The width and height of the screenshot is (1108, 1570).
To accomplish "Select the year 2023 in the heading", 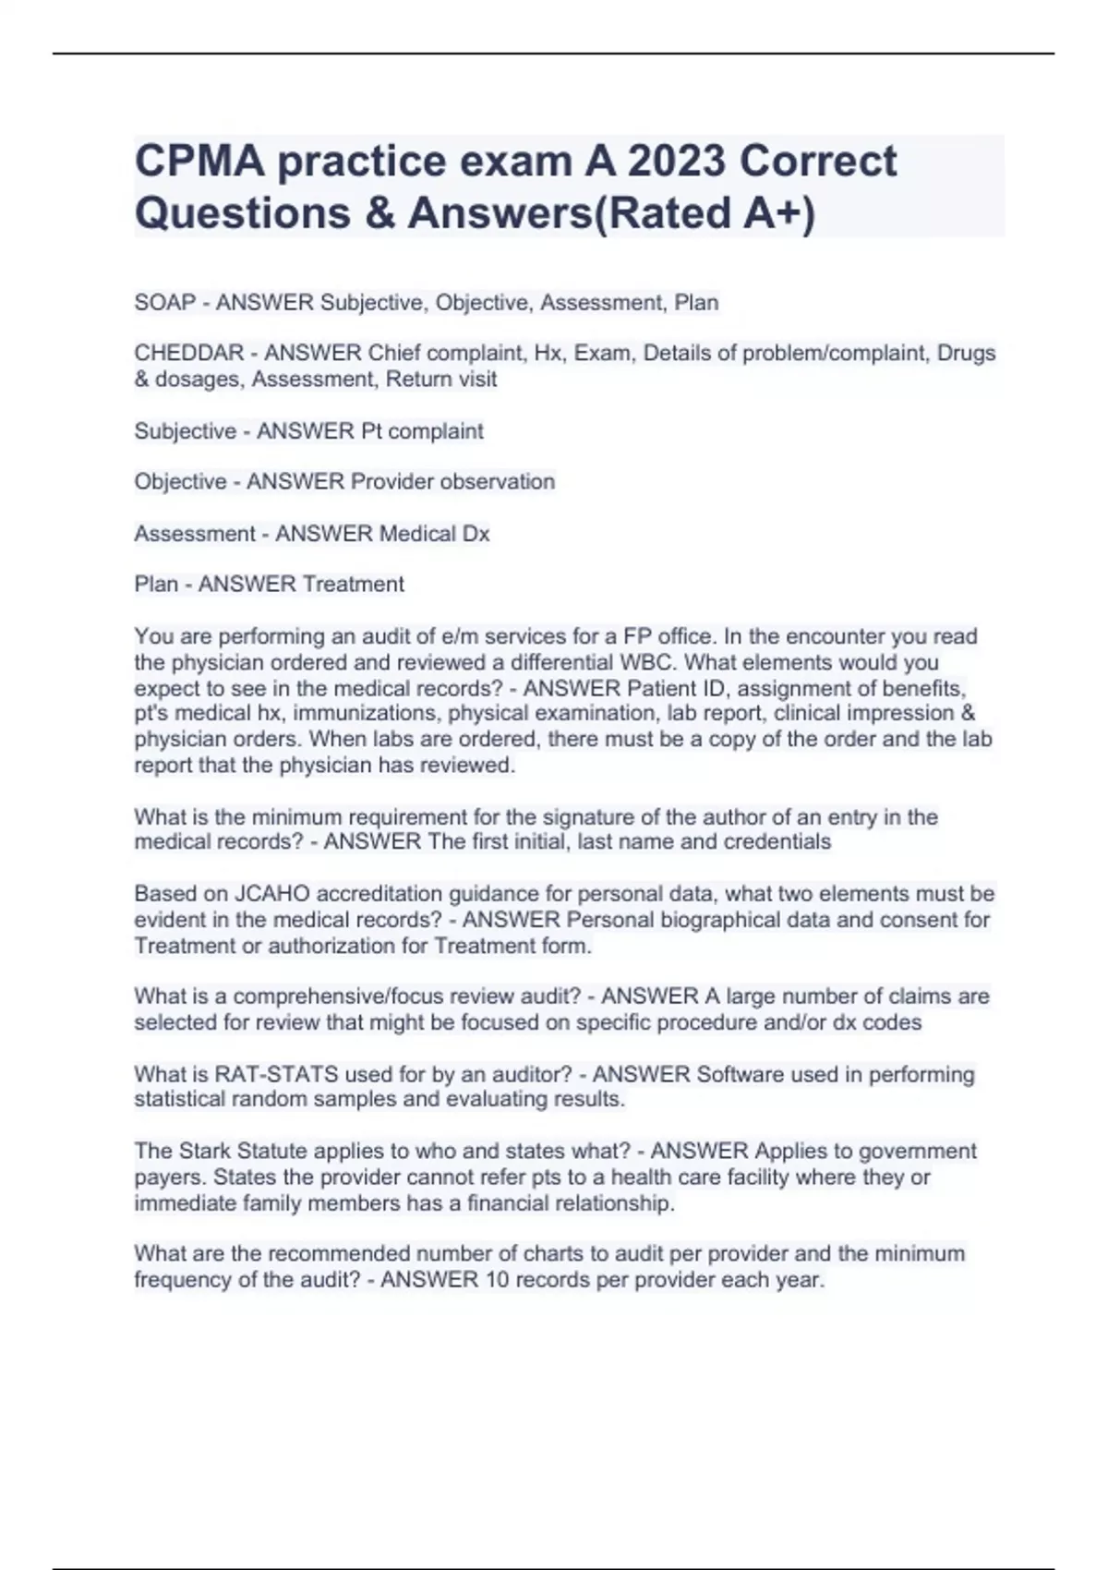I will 677,161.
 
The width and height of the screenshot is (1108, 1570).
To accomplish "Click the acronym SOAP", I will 165,302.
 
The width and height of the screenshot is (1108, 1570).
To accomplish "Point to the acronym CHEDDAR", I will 189,353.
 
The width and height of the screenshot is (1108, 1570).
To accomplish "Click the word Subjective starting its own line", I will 185,431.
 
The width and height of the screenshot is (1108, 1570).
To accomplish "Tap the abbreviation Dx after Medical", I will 476,534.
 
